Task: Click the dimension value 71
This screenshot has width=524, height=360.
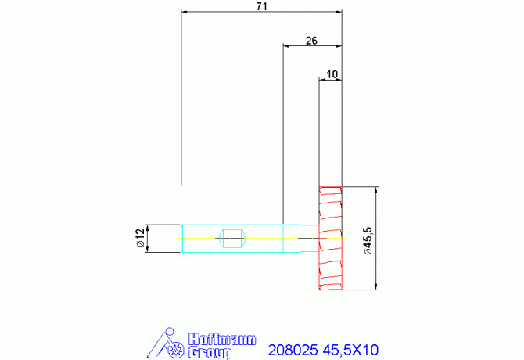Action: coord(262,6)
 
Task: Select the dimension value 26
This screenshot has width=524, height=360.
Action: coord(311,41)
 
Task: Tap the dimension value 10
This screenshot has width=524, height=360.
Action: coord(332,74)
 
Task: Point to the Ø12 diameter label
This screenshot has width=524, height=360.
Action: coord(140,238)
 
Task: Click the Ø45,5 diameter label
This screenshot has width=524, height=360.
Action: coord(368,241)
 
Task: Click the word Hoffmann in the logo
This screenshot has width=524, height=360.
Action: coord(222,340)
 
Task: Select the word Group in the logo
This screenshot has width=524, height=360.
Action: coord(210,353)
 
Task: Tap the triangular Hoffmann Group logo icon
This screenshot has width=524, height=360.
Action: coord(166,343)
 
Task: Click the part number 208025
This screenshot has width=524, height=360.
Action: coord(293,350)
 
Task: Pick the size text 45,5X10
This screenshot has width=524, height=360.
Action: coord(350,350)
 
